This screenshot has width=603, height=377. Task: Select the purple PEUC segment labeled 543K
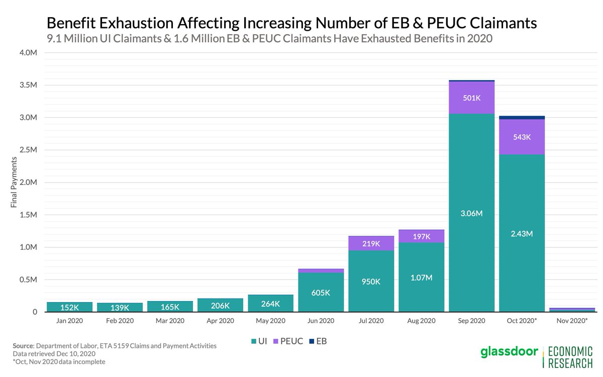pos(522,136)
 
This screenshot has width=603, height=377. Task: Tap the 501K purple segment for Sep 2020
pos(471,98)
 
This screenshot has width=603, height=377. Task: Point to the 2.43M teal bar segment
pos(522,233)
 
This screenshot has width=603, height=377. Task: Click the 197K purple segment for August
pos(421,236)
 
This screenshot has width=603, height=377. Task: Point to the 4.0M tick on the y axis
pos(28,53)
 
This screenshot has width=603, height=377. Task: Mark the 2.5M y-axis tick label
pos(28,150)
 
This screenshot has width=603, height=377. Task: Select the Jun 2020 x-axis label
pos(321,320)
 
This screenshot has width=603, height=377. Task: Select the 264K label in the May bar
pos(270,304)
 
